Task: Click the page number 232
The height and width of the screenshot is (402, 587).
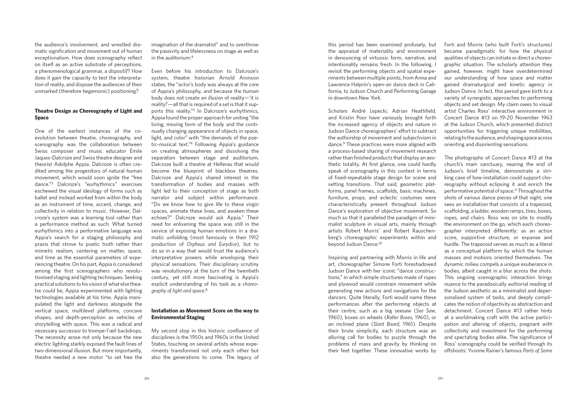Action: (x=147, y=378)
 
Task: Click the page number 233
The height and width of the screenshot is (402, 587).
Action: (x=440, y=378)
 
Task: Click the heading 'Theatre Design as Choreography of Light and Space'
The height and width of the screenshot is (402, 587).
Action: (x=88, y=114)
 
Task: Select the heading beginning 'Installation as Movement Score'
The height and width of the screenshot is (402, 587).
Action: (x=205, y=314)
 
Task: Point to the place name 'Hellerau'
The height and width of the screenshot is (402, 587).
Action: (x=222, y=164)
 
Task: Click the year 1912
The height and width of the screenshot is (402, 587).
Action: (x=253, y=238)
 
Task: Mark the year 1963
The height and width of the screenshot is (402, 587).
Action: (x=546, y=118)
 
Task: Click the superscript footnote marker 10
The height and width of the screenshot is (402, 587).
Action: (x=380, y=244)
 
